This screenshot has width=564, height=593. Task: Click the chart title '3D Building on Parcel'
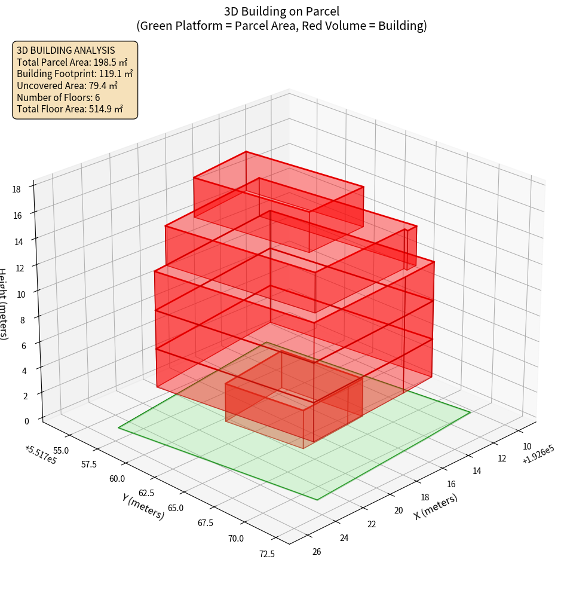click(x=281, y=11)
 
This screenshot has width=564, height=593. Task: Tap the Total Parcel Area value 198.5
click(x=111, y=62)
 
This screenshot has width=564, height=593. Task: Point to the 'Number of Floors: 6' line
click(x=58, y=97)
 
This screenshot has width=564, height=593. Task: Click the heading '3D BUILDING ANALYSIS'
click(x=66, y=50)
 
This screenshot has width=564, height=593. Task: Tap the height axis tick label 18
click(x=17, y=189)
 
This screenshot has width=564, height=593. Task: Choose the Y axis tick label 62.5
click(x=146, y=493)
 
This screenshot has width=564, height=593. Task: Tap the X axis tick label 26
click(x=317, y=551)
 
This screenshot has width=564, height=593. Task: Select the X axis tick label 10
click(x=527, y=446)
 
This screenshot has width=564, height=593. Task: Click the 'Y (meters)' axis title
click(x=143, y=506)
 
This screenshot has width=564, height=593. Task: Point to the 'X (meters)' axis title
click(x=436, y=506)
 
